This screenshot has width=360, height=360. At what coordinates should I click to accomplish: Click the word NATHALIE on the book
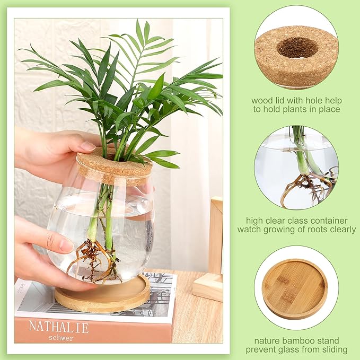tap(59, 326)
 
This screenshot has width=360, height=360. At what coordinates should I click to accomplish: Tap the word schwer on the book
tap(61, 338)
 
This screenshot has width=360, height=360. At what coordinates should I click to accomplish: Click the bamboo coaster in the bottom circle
tap(294, 288)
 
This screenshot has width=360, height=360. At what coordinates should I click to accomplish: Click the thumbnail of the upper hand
tap(87, 146)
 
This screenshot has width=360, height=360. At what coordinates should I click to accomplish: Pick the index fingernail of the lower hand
tap(66, 245)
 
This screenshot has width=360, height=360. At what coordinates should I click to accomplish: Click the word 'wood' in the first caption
tap(262, 101)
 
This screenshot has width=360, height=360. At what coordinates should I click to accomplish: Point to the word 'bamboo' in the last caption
tap(287, 340)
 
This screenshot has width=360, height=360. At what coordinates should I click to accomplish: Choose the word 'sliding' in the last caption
tap(333, 349)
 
